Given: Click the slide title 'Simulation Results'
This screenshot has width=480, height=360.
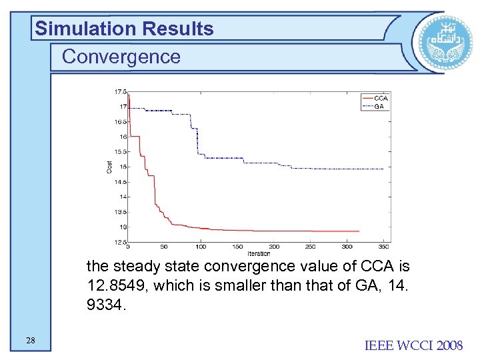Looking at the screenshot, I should (x=125, y=29).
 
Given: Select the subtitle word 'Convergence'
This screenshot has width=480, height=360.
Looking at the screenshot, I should (x=121, y=57).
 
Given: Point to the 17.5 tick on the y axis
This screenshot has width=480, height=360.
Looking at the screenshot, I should (x=121, y=91).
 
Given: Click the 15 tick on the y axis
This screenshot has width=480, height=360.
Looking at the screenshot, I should (x=123, y=167).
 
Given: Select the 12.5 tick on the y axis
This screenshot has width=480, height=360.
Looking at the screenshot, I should (x=121, y=242).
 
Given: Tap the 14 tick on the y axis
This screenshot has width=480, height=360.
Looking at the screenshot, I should (x=123, y=197).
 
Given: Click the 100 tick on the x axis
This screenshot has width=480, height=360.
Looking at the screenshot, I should (x=201, y=247).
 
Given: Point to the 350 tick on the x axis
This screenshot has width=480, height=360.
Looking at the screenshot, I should (x=383, y=247).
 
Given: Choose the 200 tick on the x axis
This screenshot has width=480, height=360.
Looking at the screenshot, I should (x=274, y=247).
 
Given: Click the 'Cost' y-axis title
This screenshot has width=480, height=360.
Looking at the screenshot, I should (x=110, y=167).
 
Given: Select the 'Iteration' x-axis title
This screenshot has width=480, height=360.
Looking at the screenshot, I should (x=259, y=253).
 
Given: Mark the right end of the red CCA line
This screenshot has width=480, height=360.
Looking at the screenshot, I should (x=359, y=231).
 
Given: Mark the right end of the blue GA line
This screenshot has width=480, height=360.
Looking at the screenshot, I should (x=383, y=169).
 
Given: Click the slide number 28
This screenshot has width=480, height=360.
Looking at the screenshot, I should (x=31, y=341).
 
